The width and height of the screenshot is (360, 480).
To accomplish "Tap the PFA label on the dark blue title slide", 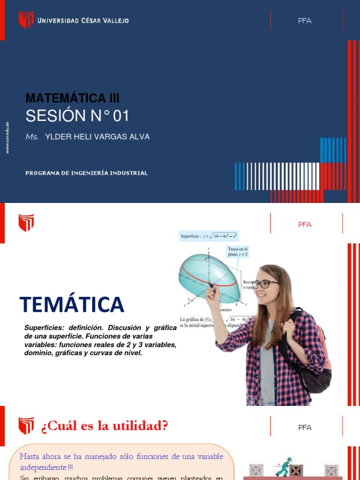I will click(x=305, y=21).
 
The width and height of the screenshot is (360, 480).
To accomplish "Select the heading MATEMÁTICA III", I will click(x=73, y=98).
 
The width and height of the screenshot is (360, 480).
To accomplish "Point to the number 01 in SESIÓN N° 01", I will click(x=121, y=116).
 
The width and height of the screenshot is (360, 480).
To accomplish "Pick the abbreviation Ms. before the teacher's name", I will click(x=32, y=137).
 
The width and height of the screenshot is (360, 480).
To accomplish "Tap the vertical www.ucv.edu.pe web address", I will click(x=7, y=137).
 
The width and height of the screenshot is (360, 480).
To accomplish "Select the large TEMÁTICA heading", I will click(x=72, y=305).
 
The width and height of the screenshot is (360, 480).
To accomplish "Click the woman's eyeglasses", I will click(x=265, y=284).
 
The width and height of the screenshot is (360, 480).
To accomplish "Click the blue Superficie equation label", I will click(x=209, y=237).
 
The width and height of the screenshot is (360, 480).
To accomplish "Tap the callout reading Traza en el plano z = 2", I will click(x=238, y=251).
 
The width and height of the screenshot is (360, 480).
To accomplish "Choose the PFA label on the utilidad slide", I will click(x=305, y=427).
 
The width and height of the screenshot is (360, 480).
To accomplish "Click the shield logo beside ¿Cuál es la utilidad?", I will click(x=26, y=426).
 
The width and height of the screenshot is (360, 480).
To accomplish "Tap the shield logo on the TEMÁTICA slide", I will click(x=26, y=223).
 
